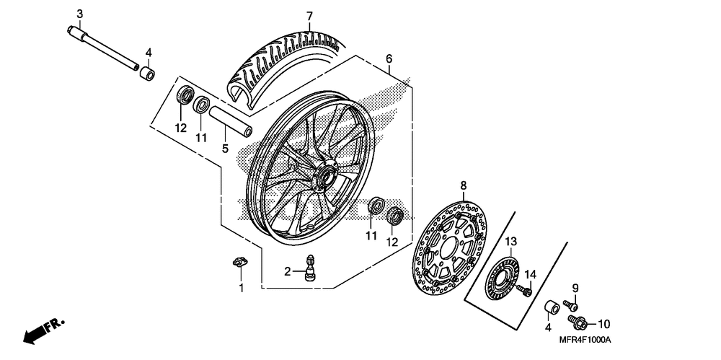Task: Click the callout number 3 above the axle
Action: tap(79, 14)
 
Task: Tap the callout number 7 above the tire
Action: tap(309, 16)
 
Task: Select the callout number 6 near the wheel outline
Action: tap(389, 58)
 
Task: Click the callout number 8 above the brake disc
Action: tap(464, 185)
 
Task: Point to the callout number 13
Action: tap(511, 241)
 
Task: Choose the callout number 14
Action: tap(531, 273)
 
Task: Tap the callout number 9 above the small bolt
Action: tap(575, 289)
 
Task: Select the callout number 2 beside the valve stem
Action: tap(287, 272)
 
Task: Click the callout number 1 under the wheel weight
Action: tap(242, 288)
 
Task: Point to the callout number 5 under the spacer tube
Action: tap(224, 149)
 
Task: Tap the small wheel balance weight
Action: tap(236, 261)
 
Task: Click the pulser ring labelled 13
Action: tap(504, 277)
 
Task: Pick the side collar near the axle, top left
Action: tap(147, 74)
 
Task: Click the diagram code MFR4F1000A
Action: tap(582, 340)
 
